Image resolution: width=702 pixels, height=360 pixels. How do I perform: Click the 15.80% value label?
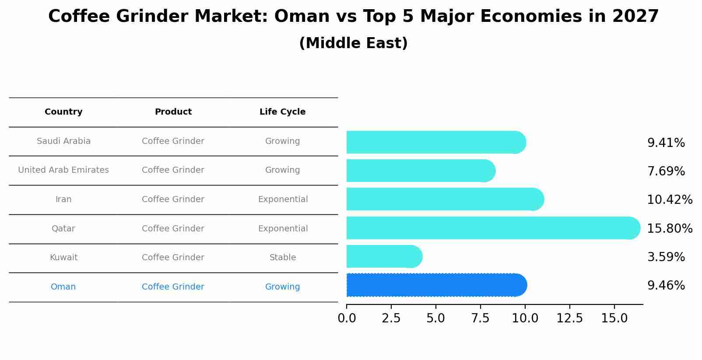pos(669,228)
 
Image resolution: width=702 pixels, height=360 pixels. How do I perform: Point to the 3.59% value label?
pos(666,257)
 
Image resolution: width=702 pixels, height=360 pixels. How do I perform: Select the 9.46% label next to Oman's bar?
pos(666,286)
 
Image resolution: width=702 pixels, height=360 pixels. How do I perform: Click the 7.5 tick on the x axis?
pos(480,318)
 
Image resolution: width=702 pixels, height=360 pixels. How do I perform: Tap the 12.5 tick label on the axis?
pos(569,318)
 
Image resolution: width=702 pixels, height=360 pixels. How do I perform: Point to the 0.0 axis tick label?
pos(347,318)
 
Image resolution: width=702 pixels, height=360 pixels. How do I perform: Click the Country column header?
pos(63,112)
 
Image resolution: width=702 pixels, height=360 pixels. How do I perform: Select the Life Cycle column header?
pos(282,112)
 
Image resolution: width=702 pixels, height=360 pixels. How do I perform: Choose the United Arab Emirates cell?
pos(63,170)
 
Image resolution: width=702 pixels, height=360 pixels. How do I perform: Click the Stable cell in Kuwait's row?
pos(282,258)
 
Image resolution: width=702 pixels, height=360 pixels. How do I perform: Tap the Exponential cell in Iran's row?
pos(283,199)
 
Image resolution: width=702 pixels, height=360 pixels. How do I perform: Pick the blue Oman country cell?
pos(63,287)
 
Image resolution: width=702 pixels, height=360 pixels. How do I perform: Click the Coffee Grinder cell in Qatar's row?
pos(173,229)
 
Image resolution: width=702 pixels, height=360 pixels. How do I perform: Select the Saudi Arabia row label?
pos(63,141)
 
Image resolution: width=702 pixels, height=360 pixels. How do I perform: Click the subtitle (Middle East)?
pos(353,43)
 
